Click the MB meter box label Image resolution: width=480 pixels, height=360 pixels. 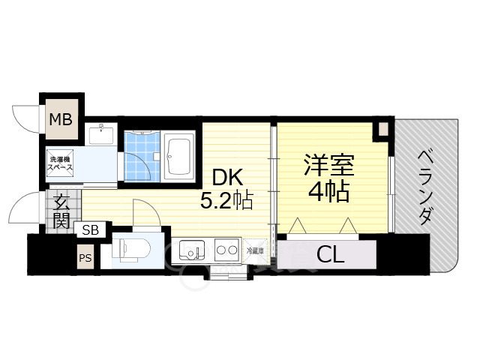61,119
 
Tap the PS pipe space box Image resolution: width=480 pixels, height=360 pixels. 85,257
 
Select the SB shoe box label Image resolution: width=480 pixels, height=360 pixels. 91,229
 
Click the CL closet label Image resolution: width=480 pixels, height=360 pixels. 330,255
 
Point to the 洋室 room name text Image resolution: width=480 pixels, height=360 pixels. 329,165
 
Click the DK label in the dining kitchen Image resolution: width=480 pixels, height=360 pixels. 228,177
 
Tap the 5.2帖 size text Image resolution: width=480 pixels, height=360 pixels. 226,200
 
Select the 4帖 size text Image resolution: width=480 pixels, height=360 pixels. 329,191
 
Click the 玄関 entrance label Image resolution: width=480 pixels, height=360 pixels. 61,211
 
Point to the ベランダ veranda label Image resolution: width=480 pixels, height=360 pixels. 426,187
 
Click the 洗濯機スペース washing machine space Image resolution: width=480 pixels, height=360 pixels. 60,163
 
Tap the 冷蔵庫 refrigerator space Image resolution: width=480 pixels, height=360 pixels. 255,251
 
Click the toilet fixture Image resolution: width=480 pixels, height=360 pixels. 130,250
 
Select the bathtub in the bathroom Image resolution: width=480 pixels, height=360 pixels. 178,156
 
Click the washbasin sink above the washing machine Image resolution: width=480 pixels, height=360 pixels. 101,133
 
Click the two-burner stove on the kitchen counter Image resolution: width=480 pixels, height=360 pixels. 227,250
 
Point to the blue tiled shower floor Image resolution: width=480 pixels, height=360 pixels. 142,156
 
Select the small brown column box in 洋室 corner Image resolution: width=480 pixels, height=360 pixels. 383,129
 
